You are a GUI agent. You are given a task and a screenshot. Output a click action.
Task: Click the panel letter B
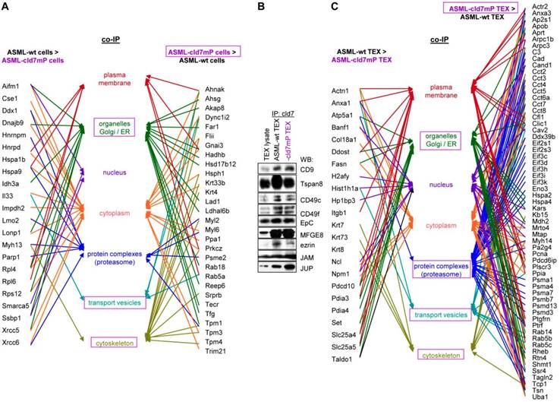click(262, 8)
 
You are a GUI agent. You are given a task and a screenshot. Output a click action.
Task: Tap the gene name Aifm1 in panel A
click(12, 87)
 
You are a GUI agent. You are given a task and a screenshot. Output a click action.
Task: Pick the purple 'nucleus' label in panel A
click(115, 172)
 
